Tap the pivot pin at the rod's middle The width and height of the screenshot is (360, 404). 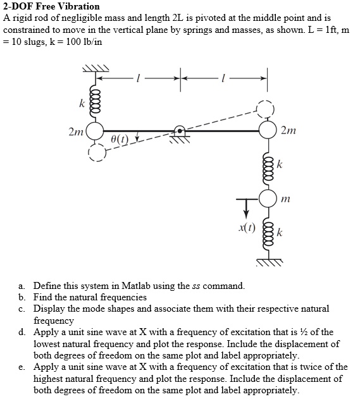point(181,131)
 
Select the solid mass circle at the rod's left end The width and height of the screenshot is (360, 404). point(95,131)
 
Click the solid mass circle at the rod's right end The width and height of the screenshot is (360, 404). point(268,131)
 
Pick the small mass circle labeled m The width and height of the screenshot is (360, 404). point(268,199)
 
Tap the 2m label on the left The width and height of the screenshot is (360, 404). point(75,132)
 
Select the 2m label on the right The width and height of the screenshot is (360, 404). point(288,132)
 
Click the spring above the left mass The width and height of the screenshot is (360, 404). point(96,101)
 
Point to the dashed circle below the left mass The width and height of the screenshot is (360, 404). point(97,152)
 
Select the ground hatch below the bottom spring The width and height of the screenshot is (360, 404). point(268,260)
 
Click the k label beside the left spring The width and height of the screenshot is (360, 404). point(81,101)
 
